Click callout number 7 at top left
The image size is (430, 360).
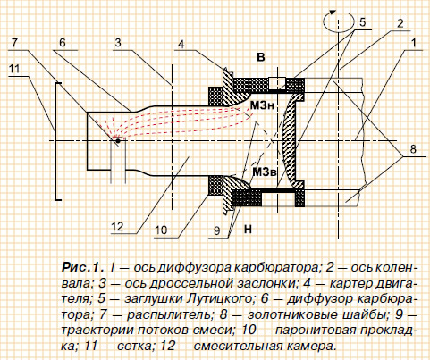point(14,43)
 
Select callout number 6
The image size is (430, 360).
point(62,43)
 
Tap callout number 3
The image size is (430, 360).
point(118,43)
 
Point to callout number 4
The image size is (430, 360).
point(181,45)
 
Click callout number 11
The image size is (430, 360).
point(14,69)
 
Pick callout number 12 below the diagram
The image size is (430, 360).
point(117,227)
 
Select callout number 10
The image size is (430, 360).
point(161,230)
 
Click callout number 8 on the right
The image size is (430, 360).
point(413,148)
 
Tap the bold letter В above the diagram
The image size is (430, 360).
point(261,57)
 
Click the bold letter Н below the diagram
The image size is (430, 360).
point(248,229)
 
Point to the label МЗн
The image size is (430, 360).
point(262,105)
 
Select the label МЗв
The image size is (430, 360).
point(264,172)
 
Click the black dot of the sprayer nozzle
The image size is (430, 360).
point(118,140)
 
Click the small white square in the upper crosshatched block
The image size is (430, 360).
point(277,82)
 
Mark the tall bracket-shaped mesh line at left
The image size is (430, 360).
point(55,141)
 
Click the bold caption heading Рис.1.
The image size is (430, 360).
point(83,267)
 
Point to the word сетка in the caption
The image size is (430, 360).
point(134,347)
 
